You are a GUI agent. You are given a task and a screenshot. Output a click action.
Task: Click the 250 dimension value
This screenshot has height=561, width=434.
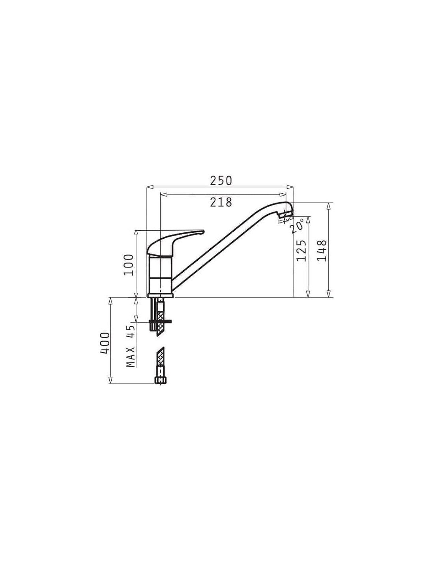221,181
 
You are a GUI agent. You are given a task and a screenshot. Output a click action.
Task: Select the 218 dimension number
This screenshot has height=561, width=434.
221,202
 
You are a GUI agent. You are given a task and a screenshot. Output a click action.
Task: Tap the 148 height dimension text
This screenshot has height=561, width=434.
322,251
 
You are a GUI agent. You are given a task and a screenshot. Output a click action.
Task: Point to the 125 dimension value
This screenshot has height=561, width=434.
301,251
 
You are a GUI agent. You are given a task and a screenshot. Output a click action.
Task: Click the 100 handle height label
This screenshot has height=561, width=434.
129,265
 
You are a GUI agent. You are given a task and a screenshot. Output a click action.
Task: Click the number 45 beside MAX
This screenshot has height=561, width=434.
131,331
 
